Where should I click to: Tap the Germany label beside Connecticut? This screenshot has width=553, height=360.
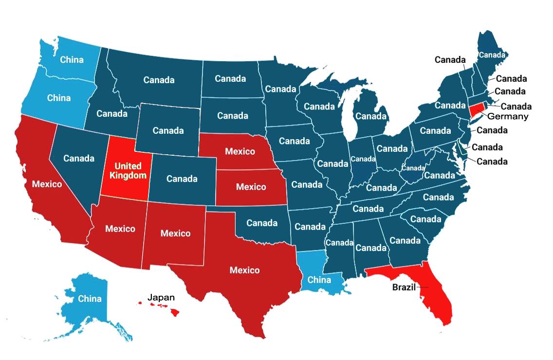pyautogui.click(x=508, y=116)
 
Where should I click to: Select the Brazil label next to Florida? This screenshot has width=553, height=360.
pyautogui.click(x=404, y=287)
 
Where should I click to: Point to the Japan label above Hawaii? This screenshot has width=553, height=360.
pyautogui.click(x=161, y=297)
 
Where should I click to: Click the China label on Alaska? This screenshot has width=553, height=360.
pyautogui.click(x=90, y=298)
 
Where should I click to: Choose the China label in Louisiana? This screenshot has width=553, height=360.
pyautogui.click(x=319, y=280)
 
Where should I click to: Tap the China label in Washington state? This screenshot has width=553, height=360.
pyautogui.click(x=72, y=60)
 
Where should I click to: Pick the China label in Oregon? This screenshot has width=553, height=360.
pyautogui.click(x=59, y=98)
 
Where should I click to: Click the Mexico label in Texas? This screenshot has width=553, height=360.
pyautogui.click(x=244, y=270)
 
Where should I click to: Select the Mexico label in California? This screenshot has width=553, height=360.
pyautogui.click(x=47, y=184)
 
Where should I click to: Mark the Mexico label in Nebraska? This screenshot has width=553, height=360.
pyautogui.click(x=240, y=151)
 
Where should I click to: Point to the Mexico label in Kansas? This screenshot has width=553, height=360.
pyautogui.click(x=251, y=187)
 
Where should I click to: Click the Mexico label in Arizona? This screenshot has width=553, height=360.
pyautogui.click(x=120, y=228)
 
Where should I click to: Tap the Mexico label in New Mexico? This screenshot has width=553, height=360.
pyautogui.click(x=175, y=233)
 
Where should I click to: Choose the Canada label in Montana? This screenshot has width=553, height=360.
pyautogui.click(x=159, y=80)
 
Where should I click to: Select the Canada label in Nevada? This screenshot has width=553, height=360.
pyautogui.click(x=79, y=158)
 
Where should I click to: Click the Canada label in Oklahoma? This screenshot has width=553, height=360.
pyautogui.click(x=262, y=223)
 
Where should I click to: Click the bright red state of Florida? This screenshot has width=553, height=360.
pyautogui.click(x=436, y=297)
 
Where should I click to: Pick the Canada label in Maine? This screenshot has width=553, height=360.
pyautogui.click(x=492, y=54)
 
